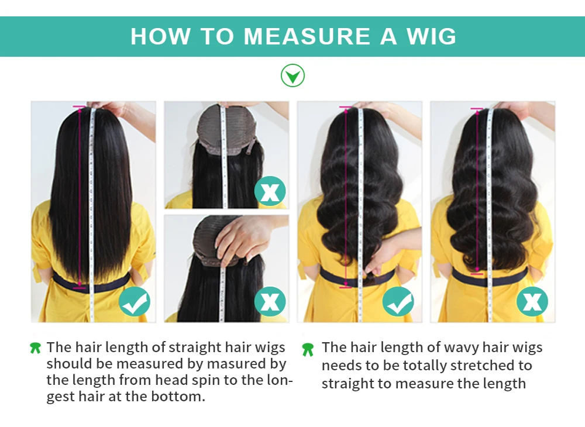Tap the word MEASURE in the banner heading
tap(307, 36)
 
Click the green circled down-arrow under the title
tap(292, 75)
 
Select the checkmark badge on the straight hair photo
tap(135, 302)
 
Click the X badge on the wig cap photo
tap(270, 191)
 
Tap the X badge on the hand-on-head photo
tap(270, 302)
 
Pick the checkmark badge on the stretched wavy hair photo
tap(398, 302)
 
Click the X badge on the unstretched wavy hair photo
tap(532, 302)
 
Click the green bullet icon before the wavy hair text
tap(308, 350)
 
